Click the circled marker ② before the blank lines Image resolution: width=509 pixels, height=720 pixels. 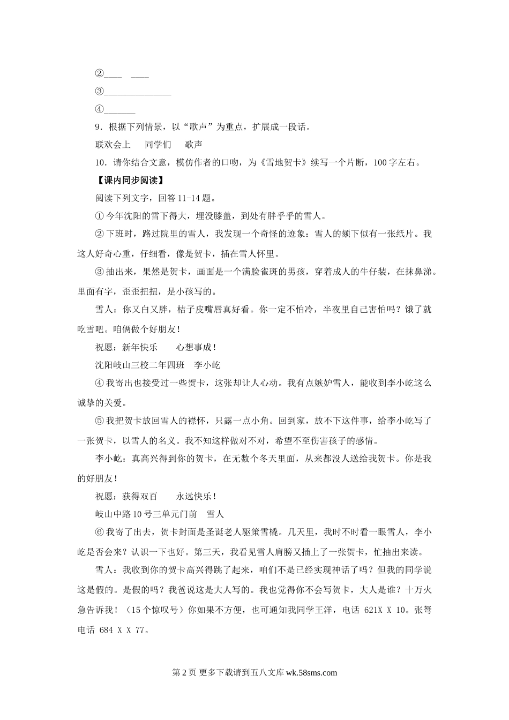(x=99, y=74)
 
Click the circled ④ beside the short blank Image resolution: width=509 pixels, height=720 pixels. (x=99, y=109)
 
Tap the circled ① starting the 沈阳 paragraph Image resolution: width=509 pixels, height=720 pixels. (x=99, y=216)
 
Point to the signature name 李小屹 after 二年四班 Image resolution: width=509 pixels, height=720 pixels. (x=207, y=365)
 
